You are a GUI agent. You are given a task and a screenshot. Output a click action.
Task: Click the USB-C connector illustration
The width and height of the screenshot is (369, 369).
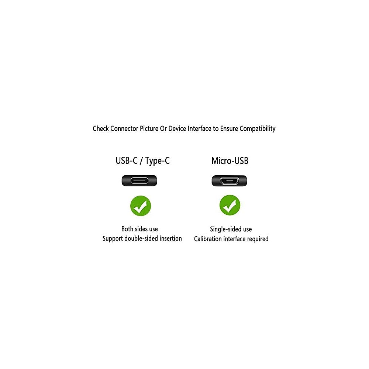click(139, 181)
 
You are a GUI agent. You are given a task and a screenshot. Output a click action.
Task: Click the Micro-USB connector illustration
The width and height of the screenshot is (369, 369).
click(229, 181)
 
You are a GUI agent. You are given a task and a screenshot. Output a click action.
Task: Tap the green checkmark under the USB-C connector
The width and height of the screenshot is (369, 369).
click(140, 206)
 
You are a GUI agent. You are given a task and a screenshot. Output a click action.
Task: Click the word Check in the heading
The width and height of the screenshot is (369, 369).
click(100, 129)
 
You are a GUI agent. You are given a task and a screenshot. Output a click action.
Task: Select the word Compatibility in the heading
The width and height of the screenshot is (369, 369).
click(258, 129)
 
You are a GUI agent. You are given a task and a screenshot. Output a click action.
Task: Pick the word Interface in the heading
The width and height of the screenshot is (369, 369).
click(200, 129)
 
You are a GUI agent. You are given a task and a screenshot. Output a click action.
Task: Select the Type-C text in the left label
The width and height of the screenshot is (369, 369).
click(158, 161)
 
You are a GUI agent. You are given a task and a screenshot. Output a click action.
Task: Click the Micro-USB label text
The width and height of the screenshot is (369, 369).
click(230, 161)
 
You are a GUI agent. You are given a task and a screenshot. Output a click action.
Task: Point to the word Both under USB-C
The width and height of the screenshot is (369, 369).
click(128, 229)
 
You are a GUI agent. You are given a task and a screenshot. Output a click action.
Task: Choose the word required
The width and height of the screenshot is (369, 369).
click(258, 239)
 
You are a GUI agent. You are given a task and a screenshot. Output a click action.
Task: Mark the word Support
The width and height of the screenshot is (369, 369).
click(113, 239)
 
